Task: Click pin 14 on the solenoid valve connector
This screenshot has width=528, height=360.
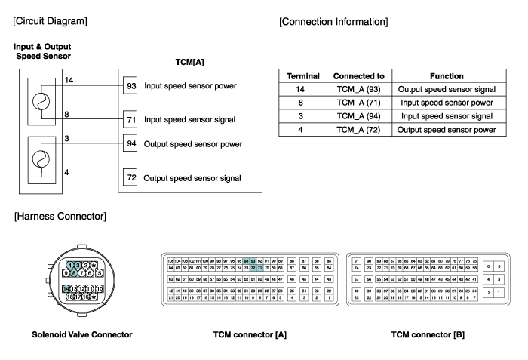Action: coord(67,289)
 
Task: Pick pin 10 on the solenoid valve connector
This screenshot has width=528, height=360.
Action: coord(100,289)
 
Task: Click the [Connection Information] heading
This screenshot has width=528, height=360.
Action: coord(333,22)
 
